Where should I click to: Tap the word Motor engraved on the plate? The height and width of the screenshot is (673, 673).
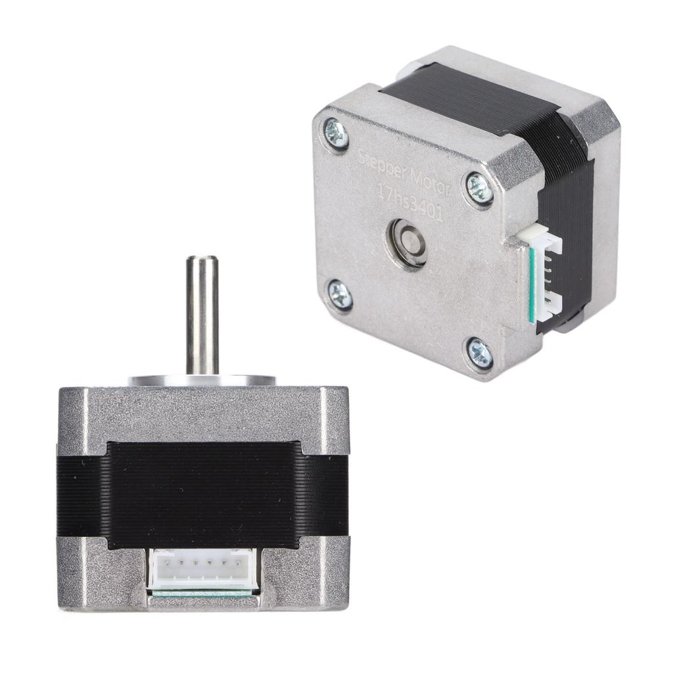pyautogui.click(x=428, y=181)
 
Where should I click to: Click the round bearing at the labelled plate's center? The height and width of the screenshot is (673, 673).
pyautogui.click(x=407, y=243)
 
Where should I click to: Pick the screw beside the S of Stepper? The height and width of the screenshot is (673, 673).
pyautogui.click(x=336, y=135)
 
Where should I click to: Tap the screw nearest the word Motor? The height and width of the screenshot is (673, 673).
pyautogui.click(x=479, y=189)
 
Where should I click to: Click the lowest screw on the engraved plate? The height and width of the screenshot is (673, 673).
pyautogui.click(x=480, y=353)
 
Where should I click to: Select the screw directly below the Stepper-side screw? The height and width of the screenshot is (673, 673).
pyautogui.click(x=340, y=294)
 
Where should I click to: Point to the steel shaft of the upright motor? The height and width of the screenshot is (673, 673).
pyautogui.click(x=202, y=315)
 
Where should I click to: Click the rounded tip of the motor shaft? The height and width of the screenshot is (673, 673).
pyautogui.click(x=202, y=260)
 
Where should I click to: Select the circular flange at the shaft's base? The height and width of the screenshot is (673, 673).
pyautogui.click(x=202, y=380)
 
